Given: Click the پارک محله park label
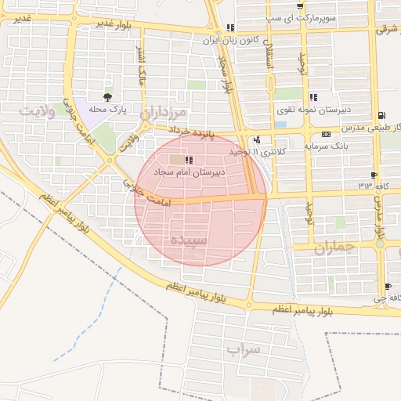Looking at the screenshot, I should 107,108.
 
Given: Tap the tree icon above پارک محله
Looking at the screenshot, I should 107,97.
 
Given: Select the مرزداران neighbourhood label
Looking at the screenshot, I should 167,113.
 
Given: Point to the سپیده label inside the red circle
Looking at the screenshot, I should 189,240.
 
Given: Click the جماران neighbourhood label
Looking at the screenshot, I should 334,247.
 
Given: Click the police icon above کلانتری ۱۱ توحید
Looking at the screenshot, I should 257,139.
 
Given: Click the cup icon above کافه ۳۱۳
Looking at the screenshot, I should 373,175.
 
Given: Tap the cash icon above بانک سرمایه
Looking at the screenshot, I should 345,135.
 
